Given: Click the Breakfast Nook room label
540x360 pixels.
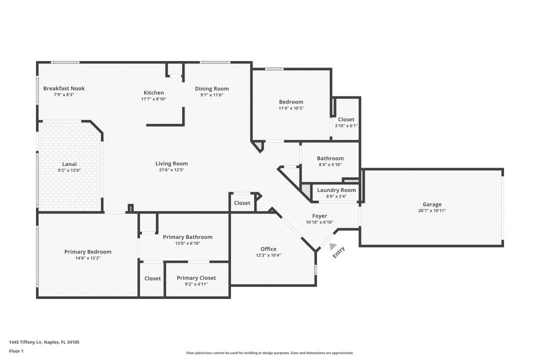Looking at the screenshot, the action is [63, 88].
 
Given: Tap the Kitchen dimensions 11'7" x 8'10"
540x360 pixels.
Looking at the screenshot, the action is [153, 99].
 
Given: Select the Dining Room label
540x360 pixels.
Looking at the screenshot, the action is [212, 88].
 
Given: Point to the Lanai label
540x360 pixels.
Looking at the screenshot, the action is [69, 164].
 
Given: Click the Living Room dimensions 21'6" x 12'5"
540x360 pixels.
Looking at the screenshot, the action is [171, 170].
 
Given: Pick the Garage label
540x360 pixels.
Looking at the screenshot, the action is [432, 204].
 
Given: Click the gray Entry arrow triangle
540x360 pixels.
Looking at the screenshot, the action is [332, 246].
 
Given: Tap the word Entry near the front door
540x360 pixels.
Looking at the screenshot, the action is [338, 252].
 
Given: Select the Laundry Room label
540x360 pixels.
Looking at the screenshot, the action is [336, 190].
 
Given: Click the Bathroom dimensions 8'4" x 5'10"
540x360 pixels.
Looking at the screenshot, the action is [330, 164].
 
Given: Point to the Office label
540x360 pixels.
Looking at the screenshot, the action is [268, 249].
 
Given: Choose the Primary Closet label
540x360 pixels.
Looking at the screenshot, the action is [196, 278].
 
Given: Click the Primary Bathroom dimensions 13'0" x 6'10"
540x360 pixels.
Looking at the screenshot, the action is [187, 243].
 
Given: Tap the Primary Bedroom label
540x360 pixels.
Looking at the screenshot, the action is [88, 252].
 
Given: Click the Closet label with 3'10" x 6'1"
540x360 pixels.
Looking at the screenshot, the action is [346, 119].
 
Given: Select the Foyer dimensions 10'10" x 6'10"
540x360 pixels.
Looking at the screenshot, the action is [319, 222].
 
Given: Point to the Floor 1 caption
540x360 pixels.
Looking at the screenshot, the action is [16, 351].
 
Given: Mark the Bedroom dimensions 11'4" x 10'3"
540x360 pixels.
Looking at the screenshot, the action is [291, 108].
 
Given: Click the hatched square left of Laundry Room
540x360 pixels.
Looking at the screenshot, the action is [306, 190].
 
